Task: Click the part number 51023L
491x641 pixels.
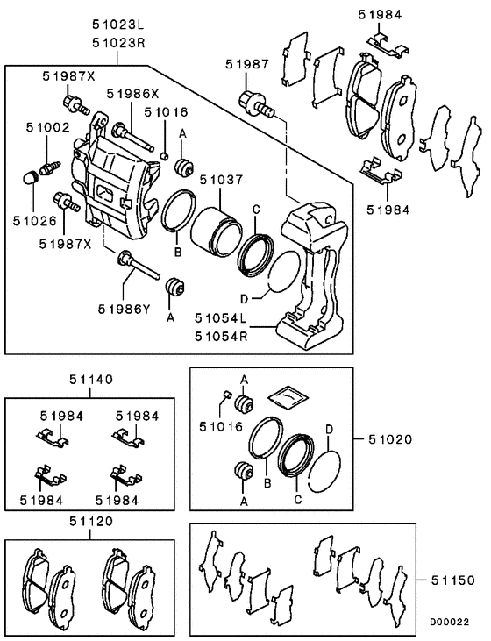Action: click(118, 25)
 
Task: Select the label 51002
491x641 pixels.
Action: click(48, 127)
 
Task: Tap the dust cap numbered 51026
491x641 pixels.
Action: click(30, 178)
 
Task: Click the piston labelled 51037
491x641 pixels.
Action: click(216, 231)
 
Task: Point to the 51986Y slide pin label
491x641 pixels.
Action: click(125, 310)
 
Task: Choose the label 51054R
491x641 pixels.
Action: click(221, 337)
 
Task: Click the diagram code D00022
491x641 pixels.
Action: click(449, 622)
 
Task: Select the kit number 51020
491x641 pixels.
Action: click(390, 440)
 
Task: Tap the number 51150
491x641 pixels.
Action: click(453, 580)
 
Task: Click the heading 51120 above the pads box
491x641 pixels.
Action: click(91, 522)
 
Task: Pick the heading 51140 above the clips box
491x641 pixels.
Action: click(91, 380)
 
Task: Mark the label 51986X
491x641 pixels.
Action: click(132, 94)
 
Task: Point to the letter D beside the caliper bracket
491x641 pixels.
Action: click(244, 300)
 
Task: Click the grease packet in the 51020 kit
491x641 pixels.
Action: click(288, 395)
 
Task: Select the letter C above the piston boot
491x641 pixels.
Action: click(256, 210)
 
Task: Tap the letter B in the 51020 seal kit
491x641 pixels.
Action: click(267, 484)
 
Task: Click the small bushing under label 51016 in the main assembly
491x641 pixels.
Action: click(164, 155)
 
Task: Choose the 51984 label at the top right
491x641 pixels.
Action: click(381, 15)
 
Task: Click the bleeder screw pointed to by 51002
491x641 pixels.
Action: click(50, 167)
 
